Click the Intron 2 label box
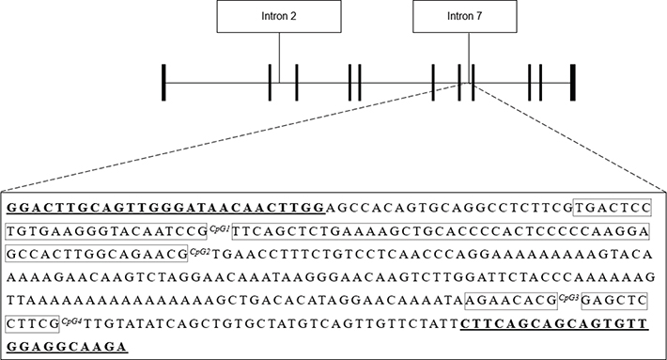(278, 18)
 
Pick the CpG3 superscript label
(567, 297)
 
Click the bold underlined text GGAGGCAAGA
(66, 347)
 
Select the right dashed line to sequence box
(564, 136)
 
